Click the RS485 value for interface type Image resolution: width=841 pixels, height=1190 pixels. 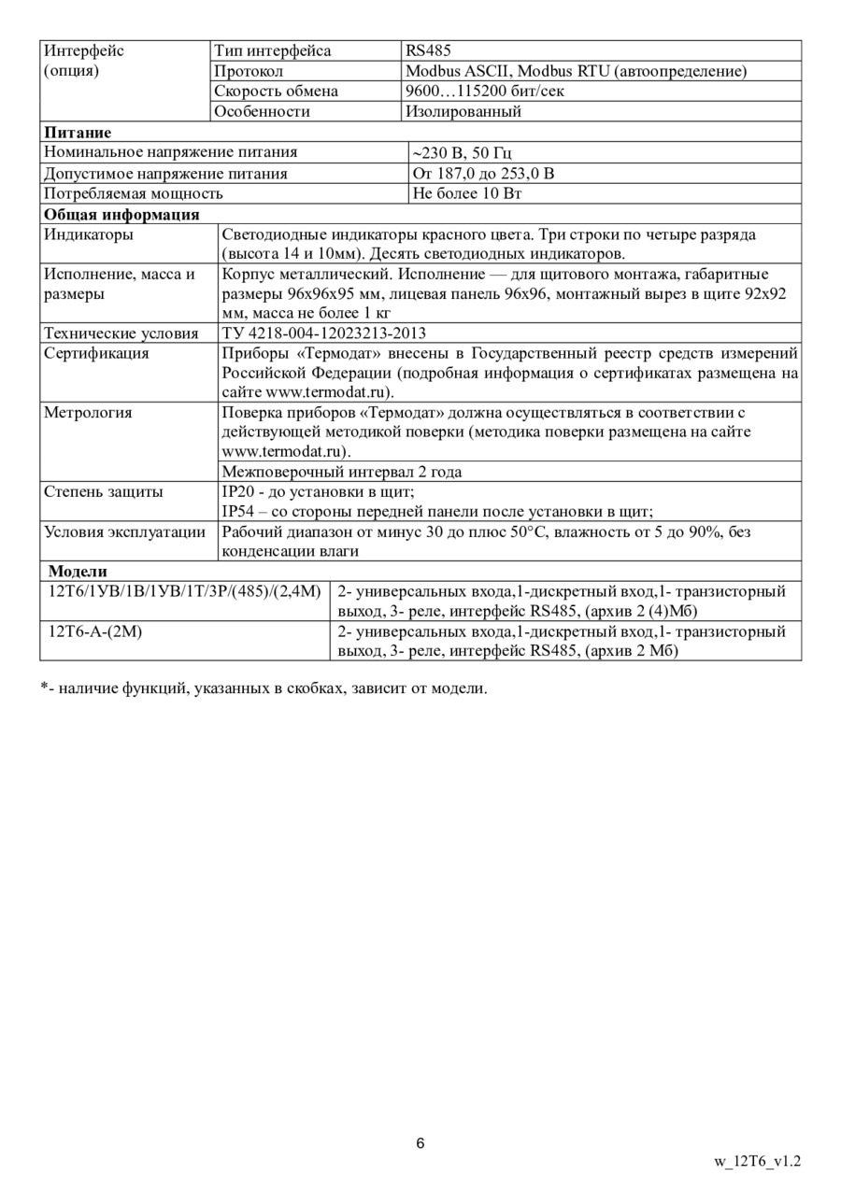[428, 51]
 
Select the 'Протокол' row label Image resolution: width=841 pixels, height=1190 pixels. [249, 71]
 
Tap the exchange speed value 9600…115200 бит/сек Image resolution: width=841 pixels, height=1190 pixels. [484, 92]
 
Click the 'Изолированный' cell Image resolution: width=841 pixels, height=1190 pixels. [463, 112]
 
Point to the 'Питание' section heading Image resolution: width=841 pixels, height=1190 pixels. [78, 133]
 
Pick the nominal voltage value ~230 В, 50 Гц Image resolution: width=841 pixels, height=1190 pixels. [462, 153]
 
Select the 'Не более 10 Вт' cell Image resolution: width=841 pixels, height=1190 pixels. [467, 194]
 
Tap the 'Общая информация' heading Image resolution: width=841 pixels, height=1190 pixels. [121, 215]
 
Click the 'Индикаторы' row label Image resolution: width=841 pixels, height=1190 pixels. [89, 234]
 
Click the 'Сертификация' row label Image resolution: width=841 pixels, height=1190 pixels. [96, 354]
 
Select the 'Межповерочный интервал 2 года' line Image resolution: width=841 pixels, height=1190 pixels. [341, 472]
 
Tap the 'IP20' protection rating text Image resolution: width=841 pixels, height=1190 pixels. [236, 491]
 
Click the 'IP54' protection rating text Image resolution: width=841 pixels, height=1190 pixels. [236, 511]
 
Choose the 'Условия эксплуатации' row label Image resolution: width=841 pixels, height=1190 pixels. [124, 532]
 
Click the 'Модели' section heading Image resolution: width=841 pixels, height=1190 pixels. [78, 572]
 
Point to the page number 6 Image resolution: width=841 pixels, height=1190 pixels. [420, 1143]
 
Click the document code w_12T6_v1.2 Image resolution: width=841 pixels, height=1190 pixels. [757, 1162]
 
